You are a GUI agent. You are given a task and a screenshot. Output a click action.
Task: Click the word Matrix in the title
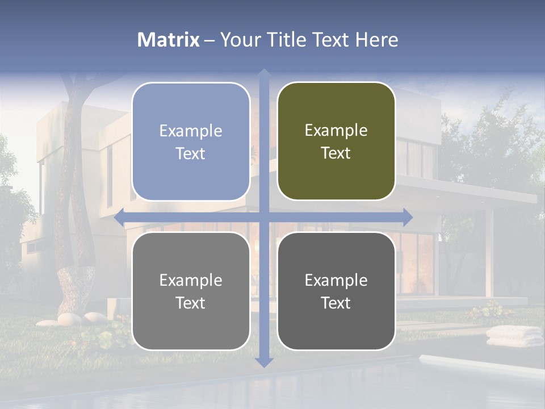169,40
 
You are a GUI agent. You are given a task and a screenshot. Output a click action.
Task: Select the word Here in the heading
376,40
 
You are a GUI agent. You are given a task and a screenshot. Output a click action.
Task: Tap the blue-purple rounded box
191,141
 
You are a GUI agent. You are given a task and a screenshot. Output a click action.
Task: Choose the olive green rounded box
336,141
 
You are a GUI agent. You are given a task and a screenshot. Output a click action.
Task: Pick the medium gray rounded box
191,291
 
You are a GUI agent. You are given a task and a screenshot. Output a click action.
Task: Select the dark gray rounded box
336,291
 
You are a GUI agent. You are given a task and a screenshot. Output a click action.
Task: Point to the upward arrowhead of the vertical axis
264,74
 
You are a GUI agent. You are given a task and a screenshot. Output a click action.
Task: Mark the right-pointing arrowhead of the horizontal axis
408,217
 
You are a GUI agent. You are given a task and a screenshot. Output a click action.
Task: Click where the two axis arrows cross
264,217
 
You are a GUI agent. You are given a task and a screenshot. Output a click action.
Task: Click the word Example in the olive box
336,131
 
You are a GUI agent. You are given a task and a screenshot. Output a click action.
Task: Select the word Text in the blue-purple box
191,154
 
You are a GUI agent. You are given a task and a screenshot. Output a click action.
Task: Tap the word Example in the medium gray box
191,280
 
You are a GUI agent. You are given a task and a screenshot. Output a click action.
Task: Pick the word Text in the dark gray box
336,303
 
